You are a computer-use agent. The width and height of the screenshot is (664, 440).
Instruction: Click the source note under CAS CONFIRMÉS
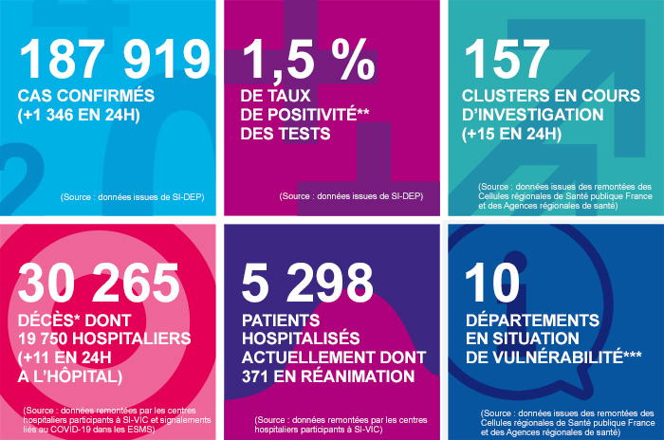point(133,196)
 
